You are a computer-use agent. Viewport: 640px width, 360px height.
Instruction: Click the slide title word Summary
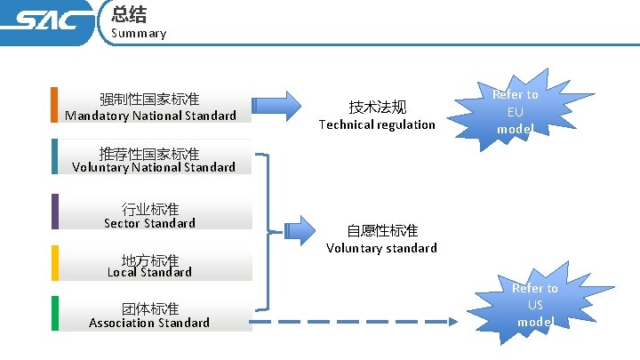[139, 33]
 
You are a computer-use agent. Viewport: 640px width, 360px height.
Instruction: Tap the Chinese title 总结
[129, 13]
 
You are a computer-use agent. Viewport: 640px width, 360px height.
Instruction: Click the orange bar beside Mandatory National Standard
[54, 104]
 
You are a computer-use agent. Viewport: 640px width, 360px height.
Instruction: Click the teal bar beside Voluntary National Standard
[54, 156]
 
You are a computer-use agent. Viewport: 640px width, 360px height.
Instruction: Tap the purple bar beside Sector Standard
[54, 212]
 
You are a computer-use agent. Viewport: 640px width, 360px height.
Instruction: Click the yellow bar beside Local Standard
[54, 263]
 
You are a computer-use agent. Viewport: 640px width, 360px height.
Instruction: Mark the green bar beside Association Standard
[54, 314]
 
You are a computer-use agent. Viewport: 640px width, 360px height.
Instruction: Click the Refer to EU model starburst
[515, 111]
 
